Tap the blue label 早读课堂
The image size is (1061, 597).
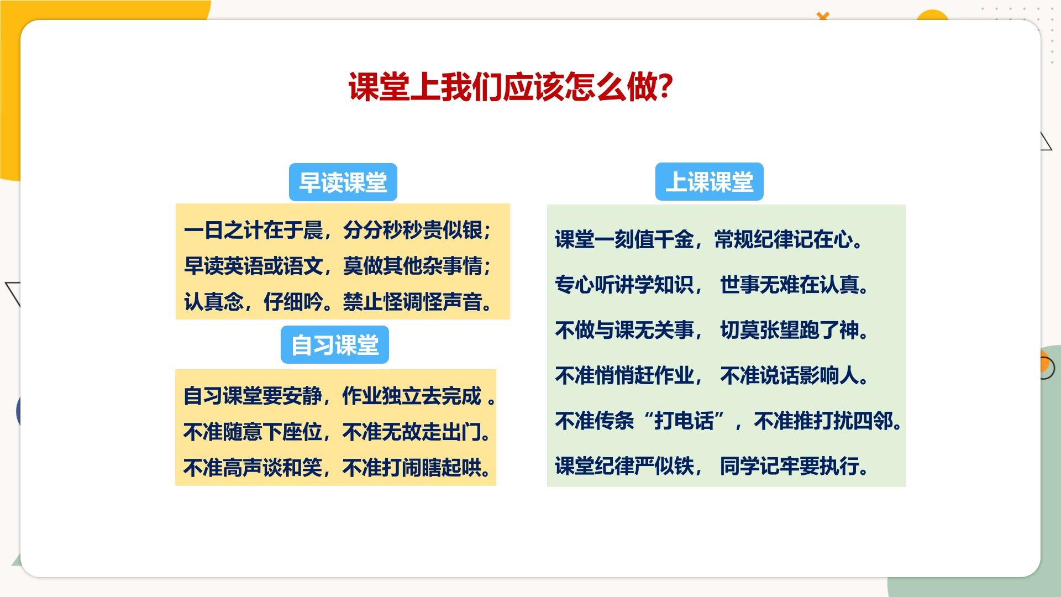click(x=343, y=182)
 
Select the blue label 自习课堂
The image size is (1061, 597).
click(x=335, y=345)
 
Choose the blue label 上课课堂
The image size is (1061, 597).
click(x=710, y=181)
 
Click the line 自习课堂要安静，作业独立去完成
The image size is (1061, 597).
click(x=339, y=396)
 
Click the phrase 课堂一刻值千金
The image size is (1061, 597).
click(x=624, y=239)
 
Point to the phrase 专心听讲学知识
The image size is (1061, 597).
click(x=624, y=285)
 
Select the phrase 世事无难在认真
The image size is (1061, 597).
click(x=794, y=285)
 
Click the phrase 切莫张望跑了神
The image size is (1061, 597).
click(x=794, y=330)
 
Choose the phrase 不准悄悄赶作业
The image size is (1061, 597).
click(x=624, y=375)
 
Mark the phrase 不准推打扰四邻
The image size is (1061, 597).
click(x=827, y=421)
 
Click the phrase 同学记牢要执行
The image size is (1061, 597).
click(x=794, y=466)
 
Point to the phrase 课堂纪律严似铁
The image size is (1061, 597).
click(x=624, y=466)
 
